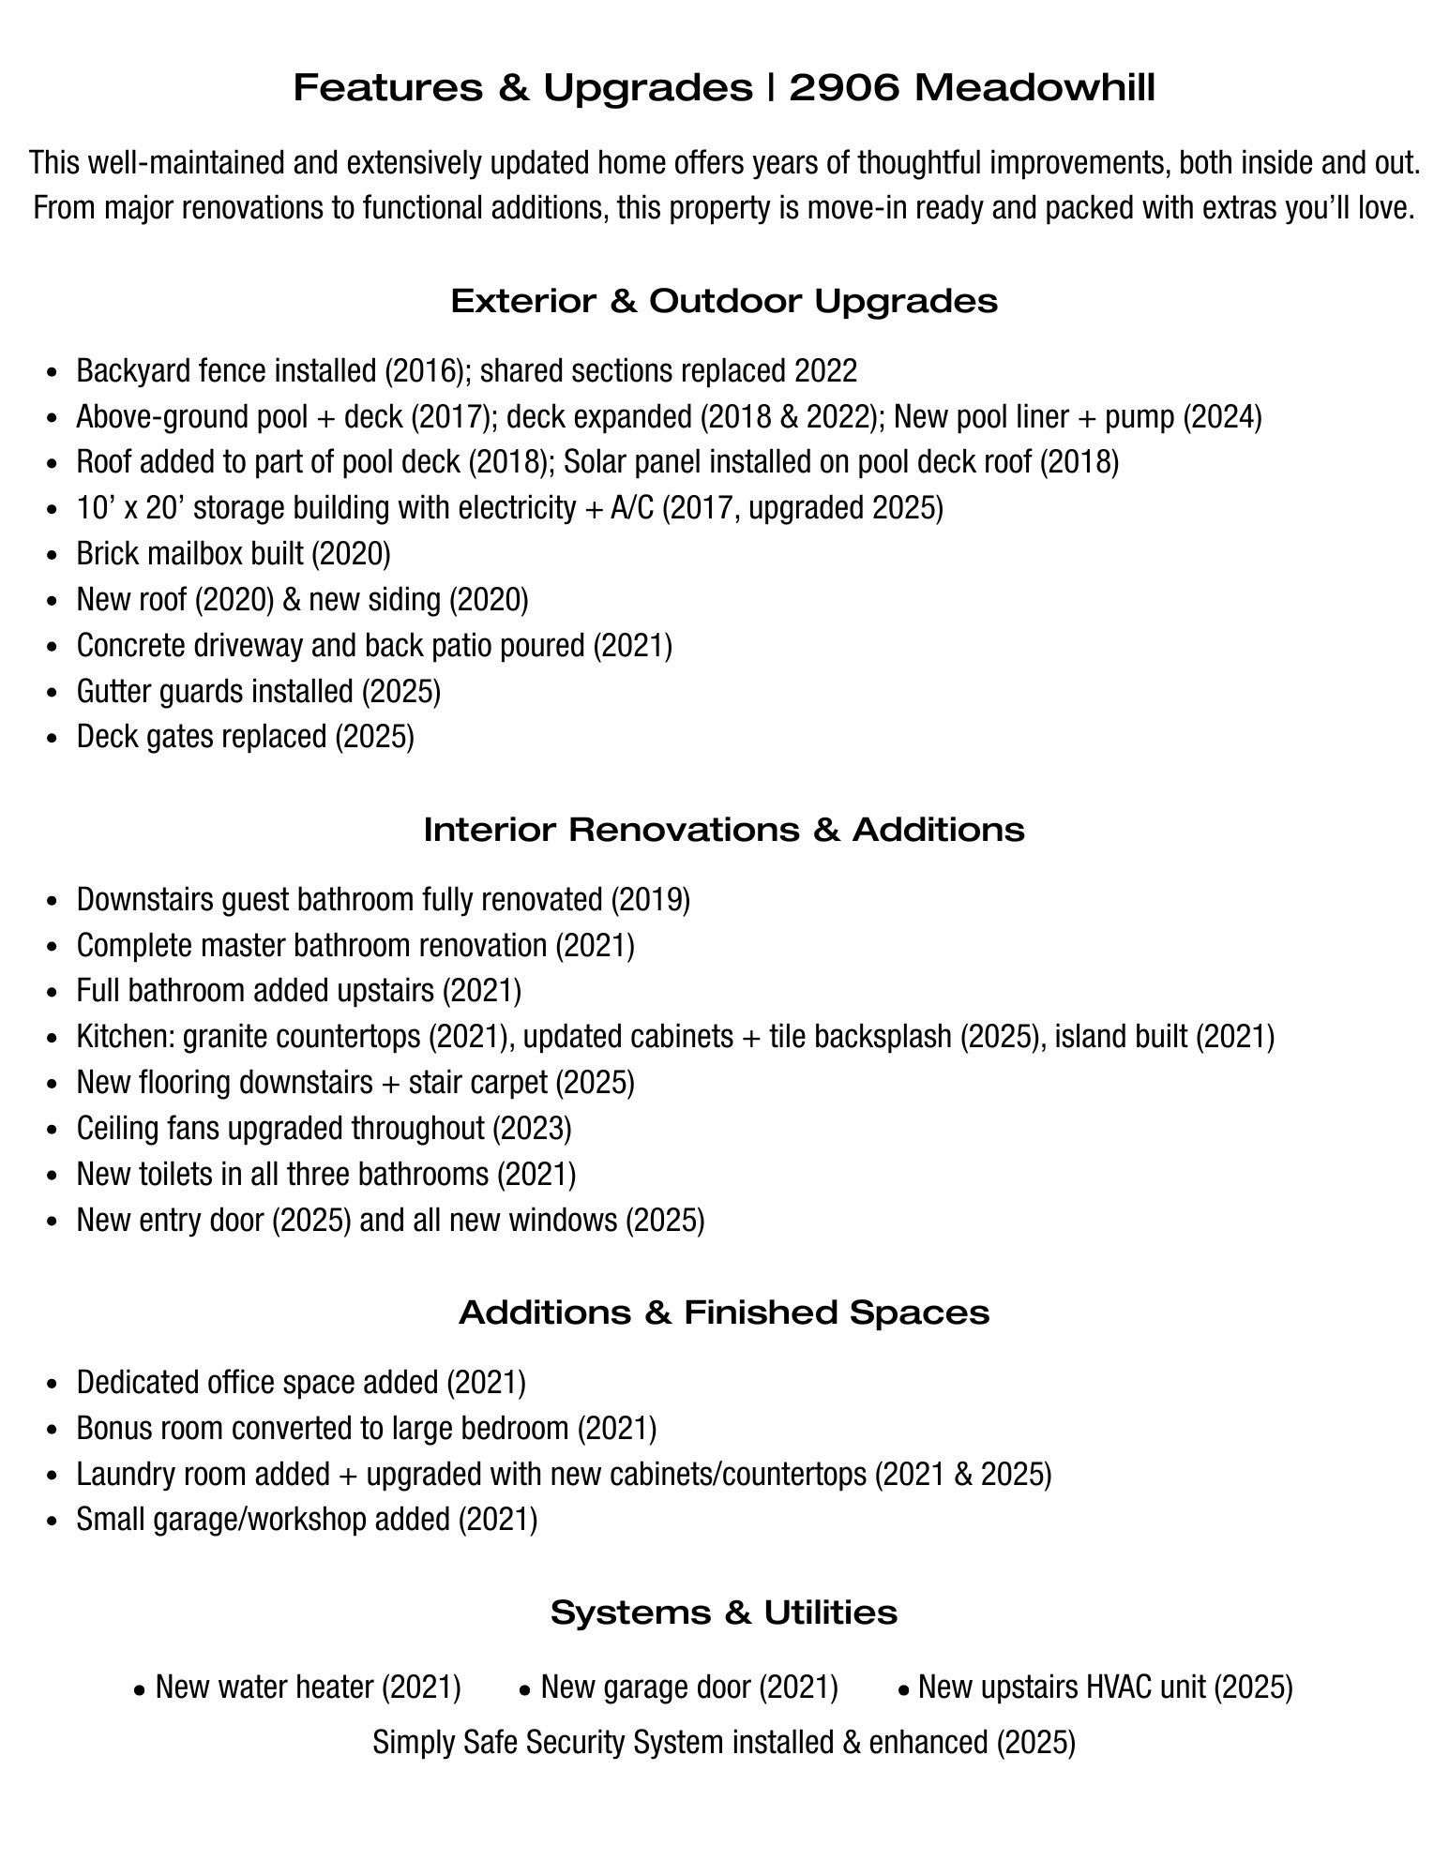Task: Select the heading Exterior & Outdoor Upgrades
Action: point(724,301)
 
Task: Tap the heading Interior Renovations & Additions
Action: point(724,830)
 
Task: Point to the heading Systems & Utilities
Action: point(724,1612)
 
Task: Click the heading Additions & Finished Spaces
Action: point(724,1312)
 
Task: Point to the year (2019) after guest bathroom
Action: point(650,899)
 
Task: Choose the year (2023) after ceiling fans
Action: point(532,1128)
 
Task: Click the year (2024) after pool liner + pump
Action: point(1221,416)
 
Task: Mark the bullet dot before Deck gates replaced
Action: point(53,739)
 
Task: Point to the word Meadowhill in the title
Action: point(1034,88)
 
